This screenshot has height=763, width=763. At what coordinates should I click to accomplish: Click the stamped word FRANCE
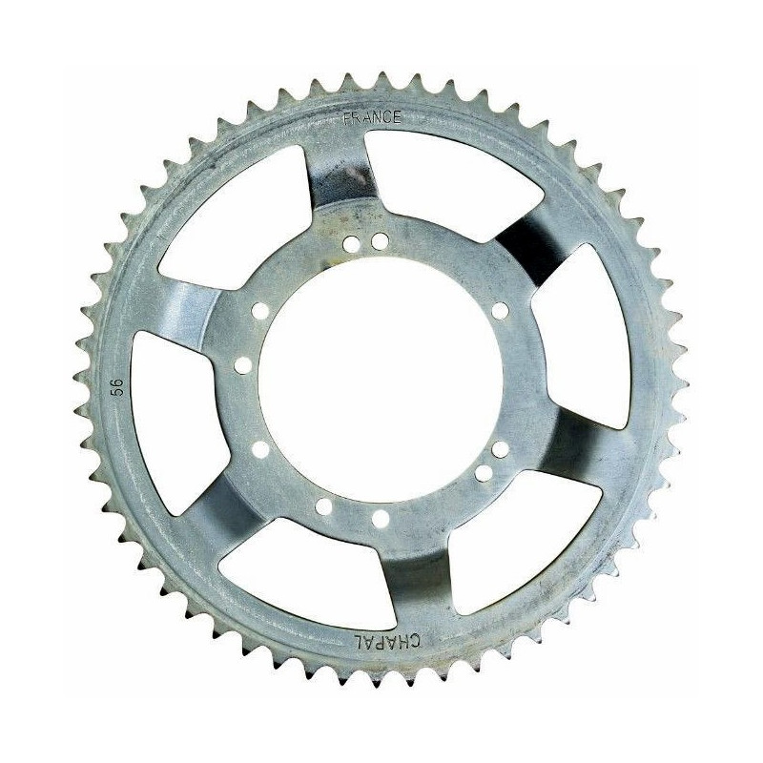tap(372, 117)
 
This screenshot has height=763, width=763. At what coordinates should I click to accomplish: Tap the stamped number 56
tap(118, 387)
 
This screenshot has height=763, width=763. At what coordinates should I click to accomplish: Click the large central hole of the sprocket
tap(380, 380)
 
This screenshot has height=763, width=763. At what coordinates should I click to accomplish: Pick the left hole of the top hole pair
tap(351, 244)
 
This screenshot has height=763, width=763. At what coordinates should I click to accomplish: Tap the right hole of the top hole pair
tap(380, 241)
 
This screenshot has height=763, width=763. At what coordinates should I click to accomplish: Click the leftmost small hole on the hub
tap(243, 365)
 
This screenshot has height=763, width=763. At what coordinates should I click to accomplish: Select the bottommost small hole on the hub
tap(381, 519)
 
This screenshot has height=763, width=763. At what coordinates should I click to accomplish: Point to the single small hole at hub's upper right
tap(500, 311)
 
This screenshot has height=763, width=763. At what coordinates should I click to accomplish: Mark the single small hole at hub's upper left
tap(260, 311)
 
